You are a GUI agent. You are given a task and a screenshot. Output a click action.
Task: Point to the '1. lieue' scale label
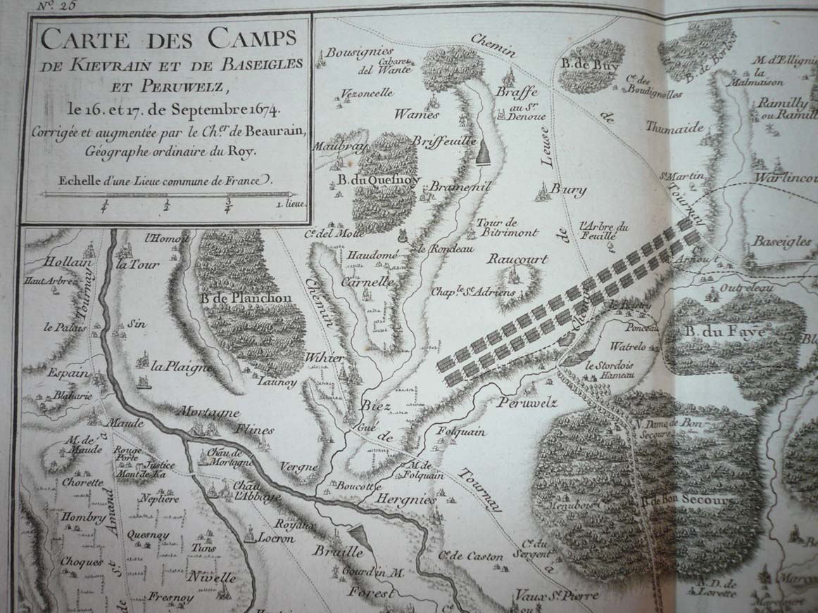(284, 207)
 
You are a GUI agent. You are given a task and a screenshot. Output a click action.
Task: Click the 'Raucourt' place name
(517, 259)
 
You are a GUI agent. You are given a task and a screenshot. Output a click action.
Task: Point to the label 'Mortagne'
(208, 413)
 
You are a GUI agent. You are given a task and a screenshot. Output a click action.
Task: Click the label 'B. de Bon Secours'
(688, 501)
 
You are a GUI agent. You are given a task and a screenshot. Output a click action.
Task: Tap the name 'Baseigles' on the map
(781, 241)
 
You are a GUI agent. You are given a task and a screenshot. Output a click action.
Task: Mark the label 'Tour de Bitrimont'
(507, 228)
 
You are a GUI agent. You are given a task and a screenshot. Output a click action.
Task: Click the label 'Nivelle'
(211, 578)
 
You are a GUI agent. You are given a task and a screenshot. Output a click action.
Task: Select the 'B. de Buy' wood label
(588, 63)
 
